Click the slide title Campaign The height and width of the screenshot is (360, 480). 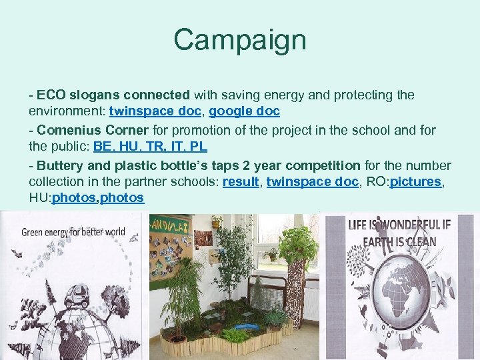point(239,39)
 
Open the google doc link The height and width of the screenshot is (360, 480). point(245,111)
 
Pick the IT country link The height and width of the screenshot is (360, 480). point(177,147)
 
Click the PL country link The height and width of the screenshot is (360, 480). point(198,147)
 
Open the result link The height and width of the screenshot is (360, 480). point(241,182)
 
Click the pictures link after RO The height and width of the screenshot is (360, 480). point(415,182)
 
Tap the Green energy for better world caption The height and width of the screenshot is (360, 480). point(73,233)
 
